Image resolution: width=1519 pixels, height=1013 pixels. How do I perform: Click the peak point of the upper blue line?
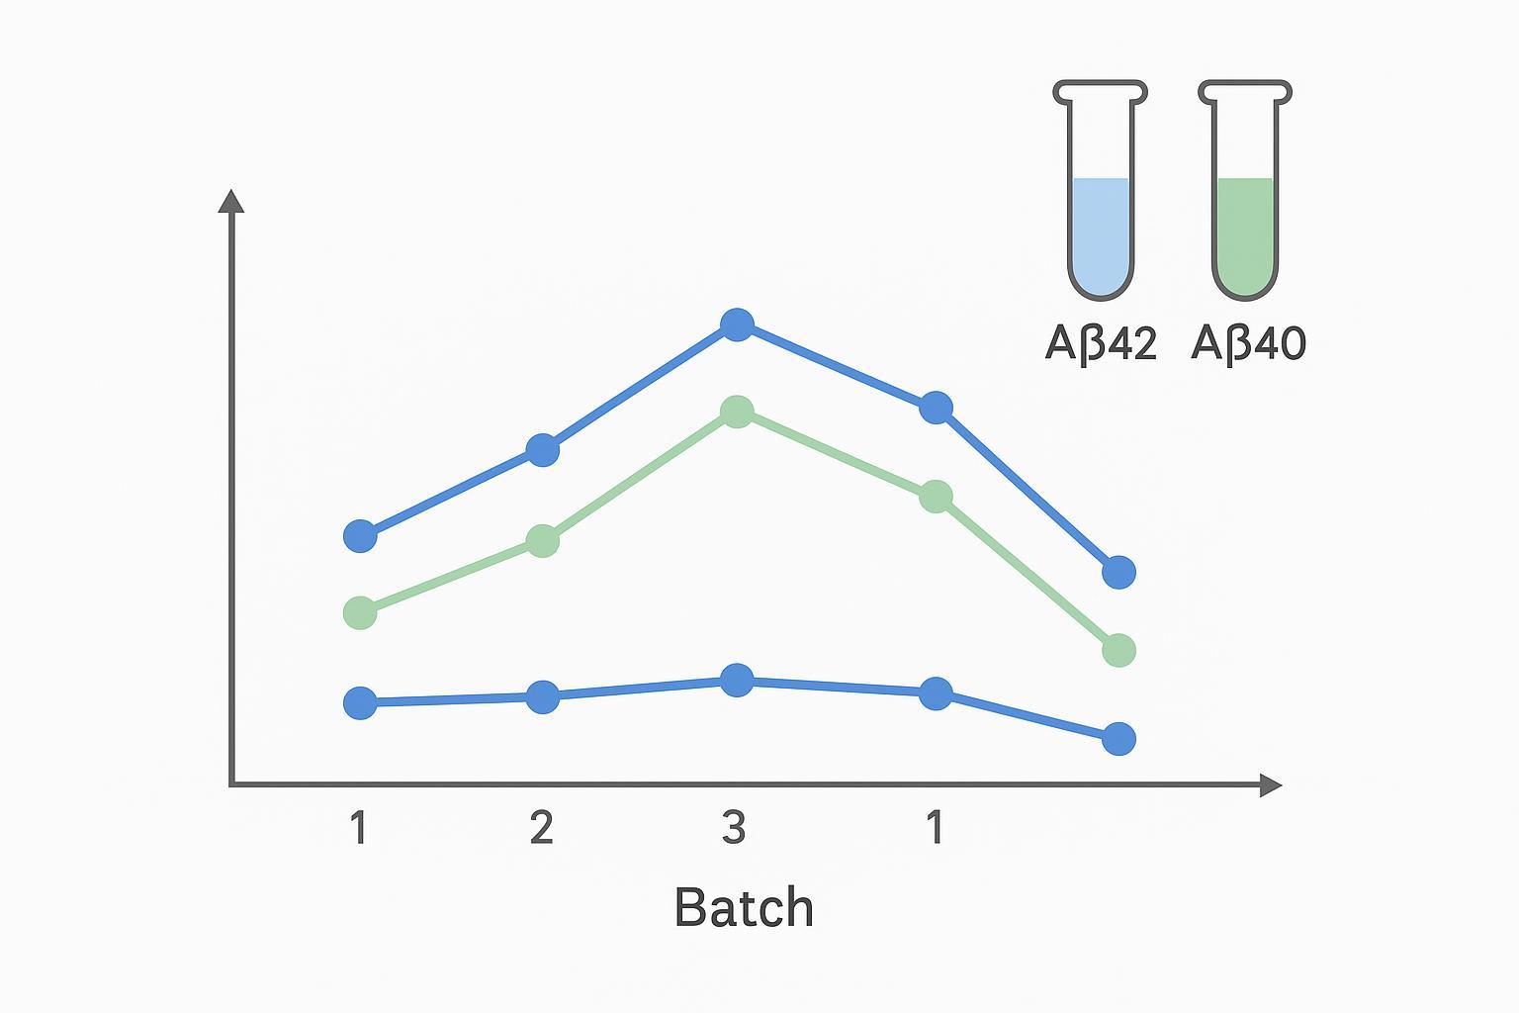[x=737, y=323]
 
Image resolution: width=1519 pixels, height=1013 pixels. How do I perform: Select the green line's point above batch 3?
[x=737, y=412]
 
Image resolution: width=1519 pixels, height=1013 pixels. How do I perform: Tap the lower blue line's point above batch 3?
[x=737, y=680]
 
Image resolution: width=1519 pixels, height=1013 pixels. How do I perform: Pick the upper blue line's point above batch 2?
[x=542, y=450]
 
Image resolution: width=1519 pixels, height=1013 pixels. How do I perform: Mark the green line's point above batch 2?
[x=542, y=541]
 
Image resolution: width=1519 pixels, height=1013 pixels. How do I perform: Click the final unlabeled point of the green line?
[x=1118, y=650]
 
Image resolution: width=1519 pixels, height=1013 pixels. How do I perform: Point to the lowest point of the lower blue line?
[x=1118, y=738]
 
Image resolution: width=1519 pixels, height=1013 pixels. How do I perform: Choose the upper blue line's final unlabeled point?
[x=1118, y=572]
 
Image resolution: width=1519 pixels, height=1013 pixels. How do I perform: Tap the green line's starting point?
[x=360, y=612]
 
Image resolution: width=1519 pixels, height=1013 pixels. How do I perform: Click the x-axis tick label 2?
[x=541, y=827]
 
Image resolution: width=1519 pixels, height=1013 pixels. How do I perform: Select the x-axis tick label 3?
[x=733, y=827]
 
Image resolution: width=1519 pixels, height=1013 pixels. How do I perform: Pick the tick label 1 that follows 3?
[x=934, y=827]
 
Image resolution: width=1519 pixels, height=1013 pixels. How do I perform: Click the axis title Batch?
[x=744, y=907]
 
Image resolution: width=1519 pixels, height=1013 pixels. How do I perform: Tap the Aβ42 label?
[x=1101, y=343]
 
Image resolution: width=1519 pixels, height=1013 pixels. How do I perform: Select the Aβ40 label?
[x=1248, y=343]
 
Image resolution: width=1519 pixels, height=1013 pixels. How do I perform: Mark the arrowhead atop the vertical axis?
[x=231, y=200]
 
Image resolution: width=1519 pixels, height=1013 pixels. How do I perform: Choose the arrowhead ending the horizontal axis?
[x=1271, y=785]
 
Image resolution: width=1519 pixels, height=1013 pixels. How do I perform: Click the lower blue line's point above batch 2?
[x=542, y=696]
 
